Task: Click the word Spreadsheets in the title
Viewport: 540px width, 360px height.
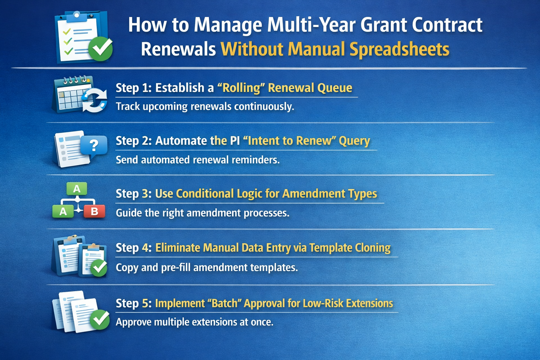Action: (x=399, y=49)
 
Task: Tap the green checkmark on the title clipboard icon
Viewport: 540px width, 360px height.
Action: (x=100, y=49)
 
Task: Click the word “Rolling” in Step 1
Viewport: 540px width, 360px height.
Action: (x=239, y=88)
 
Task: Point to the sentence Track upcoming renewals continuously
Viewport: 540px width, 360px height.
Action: (x=205, y=106)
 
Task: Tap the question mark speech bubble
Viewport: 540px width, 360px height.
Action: (x=94, y=145)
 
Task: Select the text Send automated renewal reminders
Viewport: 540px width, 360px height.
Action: (x=198, y=160)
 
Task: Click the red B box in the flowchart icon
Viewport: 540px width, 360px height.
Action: (x=94, y=211)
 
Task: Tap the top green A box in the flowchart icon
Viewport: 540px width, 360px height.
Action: (x=77, y=189)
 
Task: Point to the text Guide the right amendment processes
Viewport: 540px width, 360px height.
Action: (x=202, y=213)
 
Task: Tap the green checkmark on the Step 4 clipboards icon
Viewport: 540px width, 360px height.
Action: (x=99, y=268)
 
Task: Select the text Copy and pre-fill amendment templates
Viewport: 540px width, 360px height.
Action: (x=207, y=268)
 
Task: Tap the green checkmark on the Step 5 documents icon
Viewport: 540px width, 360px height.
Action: (x=100, y=319)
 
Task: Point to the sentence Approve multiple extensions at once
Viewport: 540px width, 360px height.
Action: (x=194, y=322)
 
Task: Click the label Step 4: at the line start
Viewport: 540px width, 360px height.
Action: (x=134, y=248)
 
